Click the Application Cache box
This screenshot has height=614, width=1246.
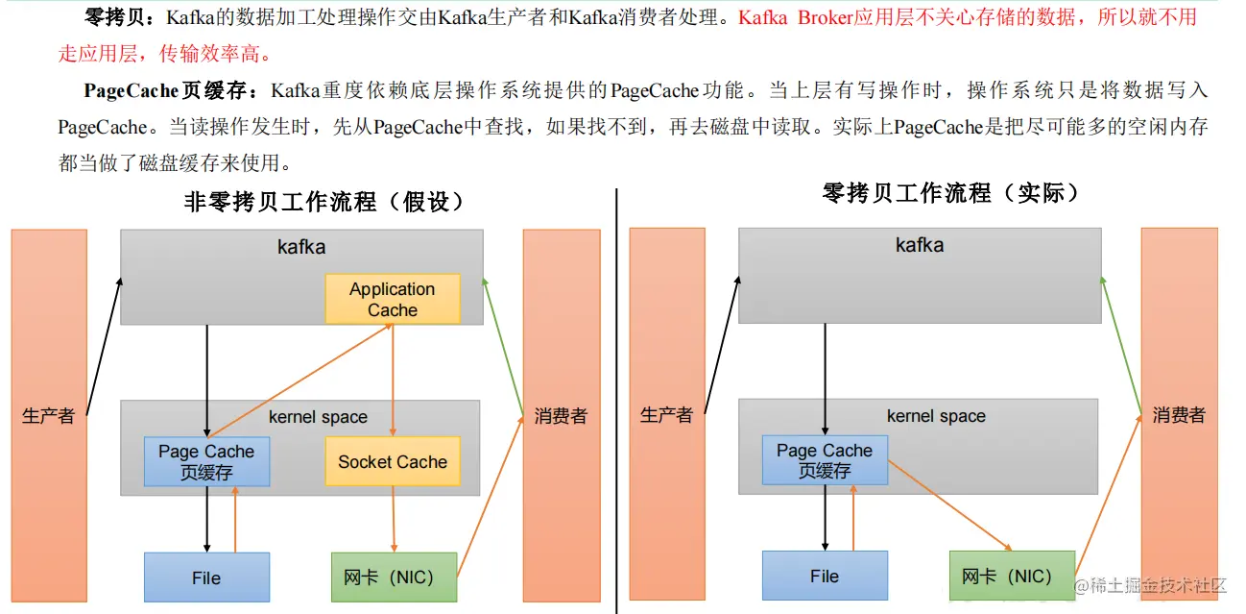392,299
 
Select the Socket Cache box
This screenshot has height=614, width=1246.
392,461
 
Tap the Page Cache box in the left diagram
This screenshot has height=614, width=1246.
206,461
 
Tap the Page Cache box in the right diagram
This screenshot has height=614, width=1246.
825,460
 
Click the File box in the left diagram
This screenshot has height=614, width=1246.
206,577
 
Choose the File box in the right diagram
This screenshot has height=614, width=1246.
825,576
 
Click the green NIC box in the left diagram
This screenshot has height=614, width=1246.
394,577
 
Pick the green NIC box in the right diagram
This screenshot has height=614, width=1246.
1012,576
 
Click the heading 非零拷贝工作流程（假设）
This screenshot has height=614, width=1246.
324,202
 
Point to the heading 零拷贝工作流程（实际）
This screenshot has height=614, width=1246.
950,193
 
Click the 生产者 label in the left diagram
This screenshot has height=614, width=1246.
48,416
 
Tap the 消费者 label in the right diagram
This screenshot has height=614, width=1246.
1179,415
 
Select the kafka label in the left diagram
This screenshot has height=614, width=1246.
301,247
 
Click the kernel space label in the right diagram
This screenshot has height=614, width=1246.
936,416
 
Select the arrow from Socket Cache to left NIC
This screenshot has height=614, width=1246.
394,519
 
